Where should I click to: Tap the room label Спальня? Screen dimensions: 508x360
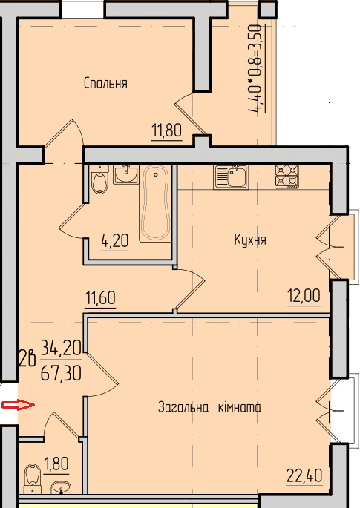click(105, 83)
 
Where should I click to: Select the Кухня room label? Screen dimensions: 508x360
click(249, 240)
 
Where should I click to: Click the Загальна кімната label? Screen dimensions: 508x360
click(209, 407)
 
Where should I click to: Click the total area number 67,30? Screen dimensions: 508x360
click(61, 370)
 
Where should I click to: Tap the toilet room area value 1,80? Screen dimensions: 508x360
click(56, 465)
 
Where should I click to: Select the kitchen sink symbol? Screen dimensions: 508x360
click(231, 177)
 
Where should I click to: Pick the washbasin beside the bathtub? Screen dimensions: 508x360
click(125, 176)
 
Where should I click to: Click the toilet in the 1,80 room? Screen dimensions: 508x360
click(33, 475)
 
